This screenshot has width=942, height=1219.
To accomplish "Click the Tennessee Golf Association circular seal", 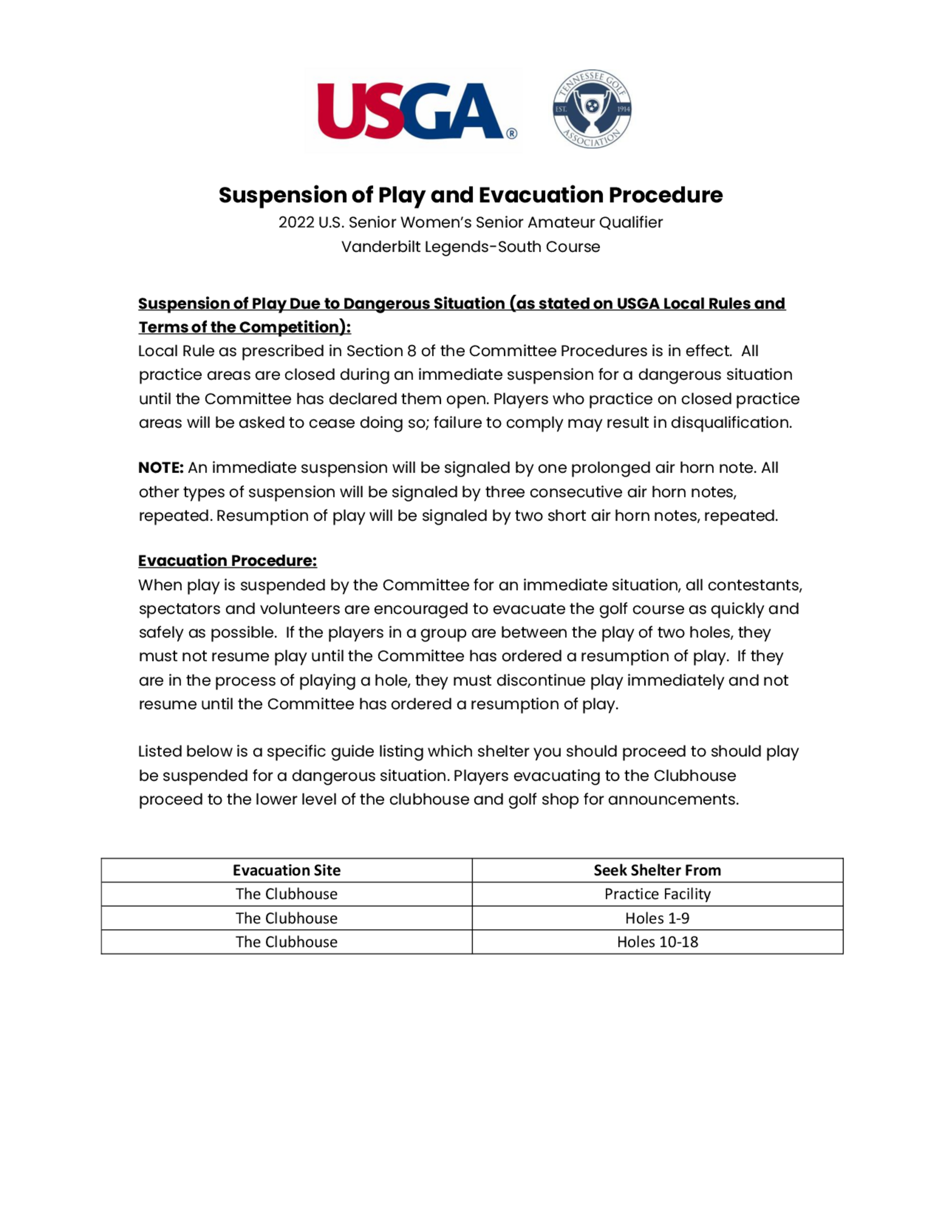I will click(x=592, y=109).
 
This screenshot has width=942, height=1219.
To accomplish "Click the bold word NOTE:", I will click(x=161, y=468).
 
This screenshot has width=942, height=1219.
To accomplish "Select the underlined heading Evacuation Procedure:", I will click(x=227, y=561).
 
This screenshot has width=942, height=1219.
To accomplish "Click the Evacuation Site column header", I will click(x=286, y=870).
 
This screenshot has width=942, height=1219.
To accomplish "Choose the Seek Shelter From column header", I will click(x=657, y=870).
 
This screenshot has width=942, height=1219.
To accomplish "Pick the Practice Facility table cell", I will click(x=657, y=894).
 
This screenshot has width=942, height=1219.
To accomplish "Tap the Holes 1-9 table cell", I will click(x=657, y=918).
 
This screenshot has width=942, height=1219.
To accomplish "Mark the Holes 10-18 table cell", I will click(x=657, y=942).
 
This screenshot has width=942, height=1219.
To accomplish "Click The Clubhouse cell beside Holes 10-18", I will click(x=286, y=942).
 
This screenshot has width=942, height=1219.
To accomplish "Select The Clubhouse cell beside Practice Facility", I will click(x=286, y=894).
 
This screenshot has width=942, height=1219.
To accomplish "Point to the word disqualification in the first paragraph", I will click(x=731, y=423).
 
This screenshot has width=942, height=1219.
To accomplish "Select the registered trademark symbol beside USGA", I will click(x=511, y=133).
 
